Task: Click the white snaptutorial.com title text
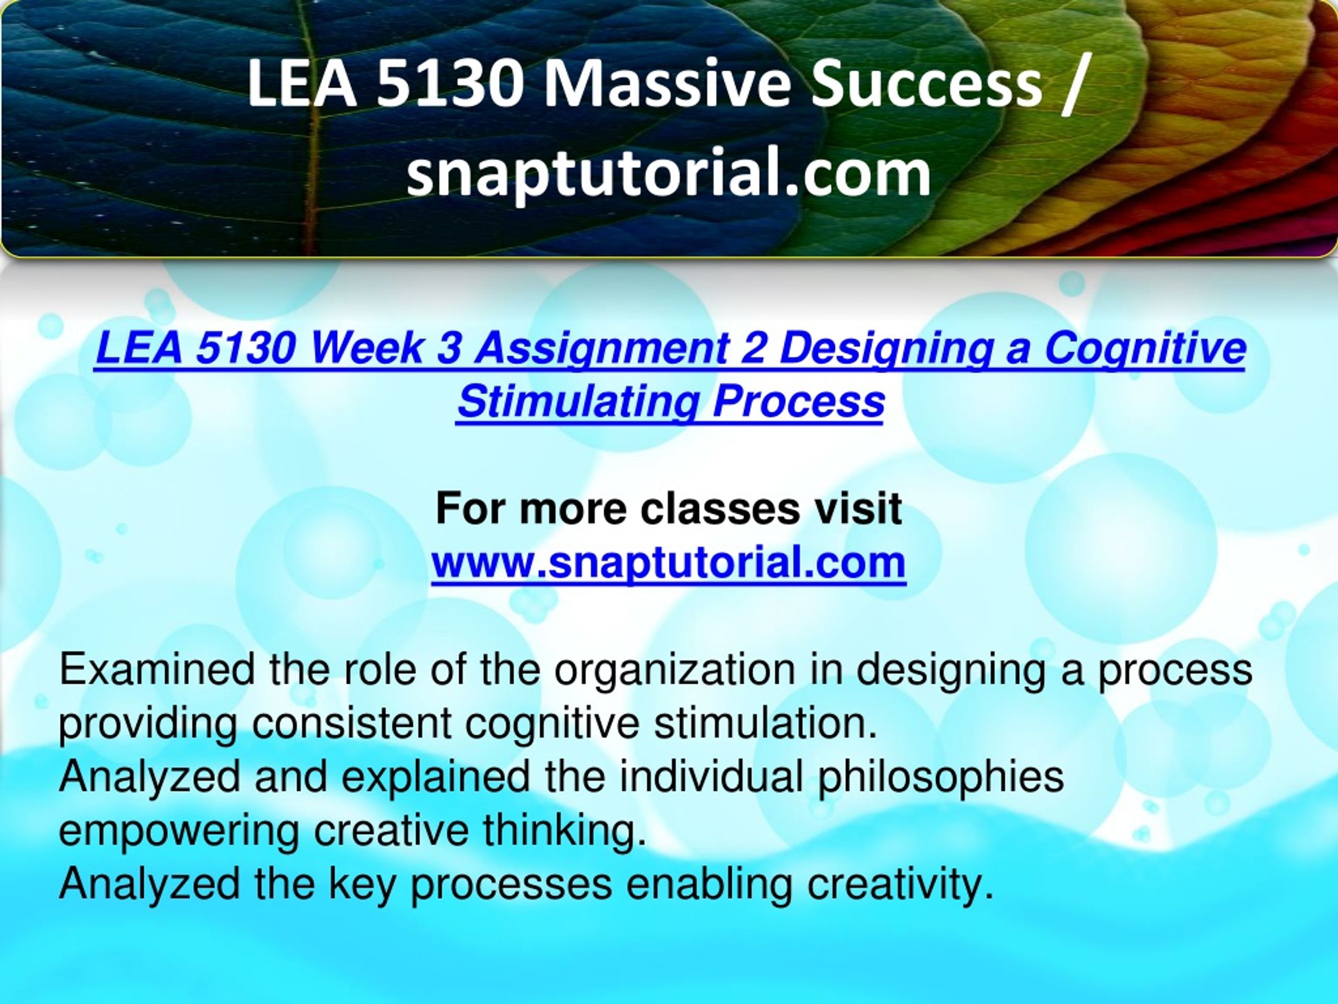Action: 668,173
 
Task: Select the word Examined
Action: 157,669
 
